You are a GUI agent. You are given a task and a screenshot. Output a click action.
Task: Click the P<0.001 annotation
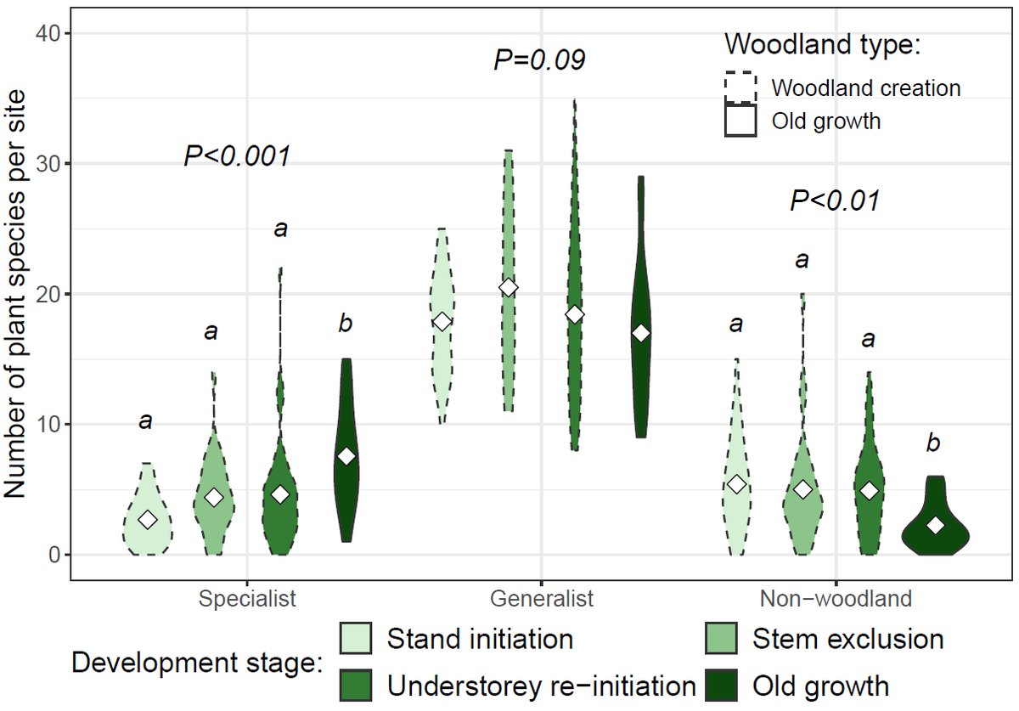(x=237, y=156)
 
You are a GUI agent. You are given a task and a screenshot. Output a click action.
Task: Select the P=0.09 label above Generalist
(x=539, y=60)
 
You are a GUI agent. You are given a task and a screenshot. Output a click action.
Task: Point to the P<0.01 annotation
(x=834, y=201)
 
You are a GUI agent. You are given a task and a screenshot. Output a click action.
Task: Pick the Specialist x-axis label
(x=247, y=598)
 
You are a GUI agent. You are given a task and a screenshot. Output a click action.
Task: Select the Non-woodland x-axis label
(x=836, y=598)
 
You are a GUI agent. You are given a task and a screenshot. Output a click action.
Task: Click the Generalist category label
(x=542, y=598)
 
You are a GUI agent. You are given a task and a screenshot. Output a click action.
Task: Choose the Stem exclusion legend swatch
(x=722, y=639)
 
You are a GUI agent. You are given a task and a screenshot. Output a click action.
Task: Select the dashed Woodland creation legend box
(x=740, y=87)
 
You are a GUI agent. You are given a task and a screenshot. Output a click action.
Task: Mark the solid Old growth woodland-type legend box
(x=740, y=121)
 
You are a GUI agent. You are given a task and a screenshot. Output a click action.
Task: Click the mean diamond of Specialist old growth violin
(x=346, y=456)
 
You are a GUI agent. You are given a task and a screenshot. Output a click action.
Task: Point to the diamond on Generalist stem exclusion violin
(x=508, y=288)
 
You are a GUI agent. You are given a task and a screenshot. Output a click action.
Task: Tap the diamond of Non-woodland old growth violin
(x=935, y=526)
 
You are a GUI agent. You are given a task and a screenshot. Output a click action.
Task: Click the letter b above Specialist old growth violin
(x=346, y=324)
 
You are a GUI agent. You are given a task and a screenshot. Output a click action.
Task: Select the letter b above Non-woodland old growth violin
(x=933, y=443)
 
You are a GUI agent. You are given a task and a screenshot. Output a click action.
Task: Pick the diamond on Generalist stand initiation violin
(x=442, y=321)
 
